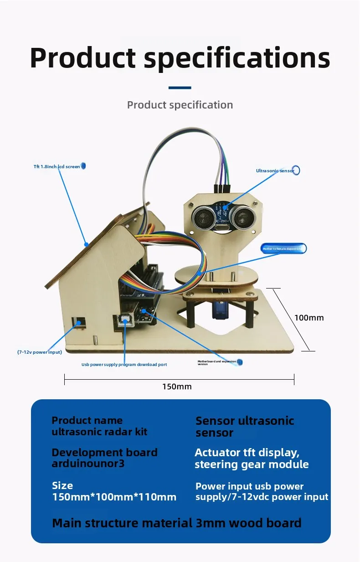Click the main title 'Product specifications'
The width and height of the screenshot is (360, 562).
180,58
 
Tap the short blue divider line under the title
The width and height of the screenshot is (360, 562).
180,88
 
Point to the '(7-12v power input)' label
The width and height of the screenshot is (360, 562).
40,352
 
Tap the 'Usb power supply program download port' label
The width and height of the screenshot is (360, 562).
124,365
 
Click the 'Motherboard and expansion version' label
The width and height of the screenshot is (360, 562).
217,362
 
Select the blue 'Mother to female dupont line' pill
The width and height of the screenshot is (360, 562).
283,248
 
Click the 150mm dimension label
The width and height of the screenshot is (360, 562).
177,387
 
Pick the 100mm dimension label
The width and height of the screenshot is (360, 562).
309,318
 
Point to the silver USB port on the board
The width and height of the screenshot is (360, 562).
124,321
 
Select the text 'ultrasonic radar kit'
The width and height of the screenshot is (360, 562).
99,432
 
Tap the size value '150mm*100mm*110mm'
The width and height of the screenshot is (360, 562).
114,497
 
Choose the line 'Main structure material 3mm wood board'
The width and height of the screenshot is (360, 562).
177,523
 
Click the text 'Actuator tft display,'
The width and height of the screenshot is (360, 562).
247,453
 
